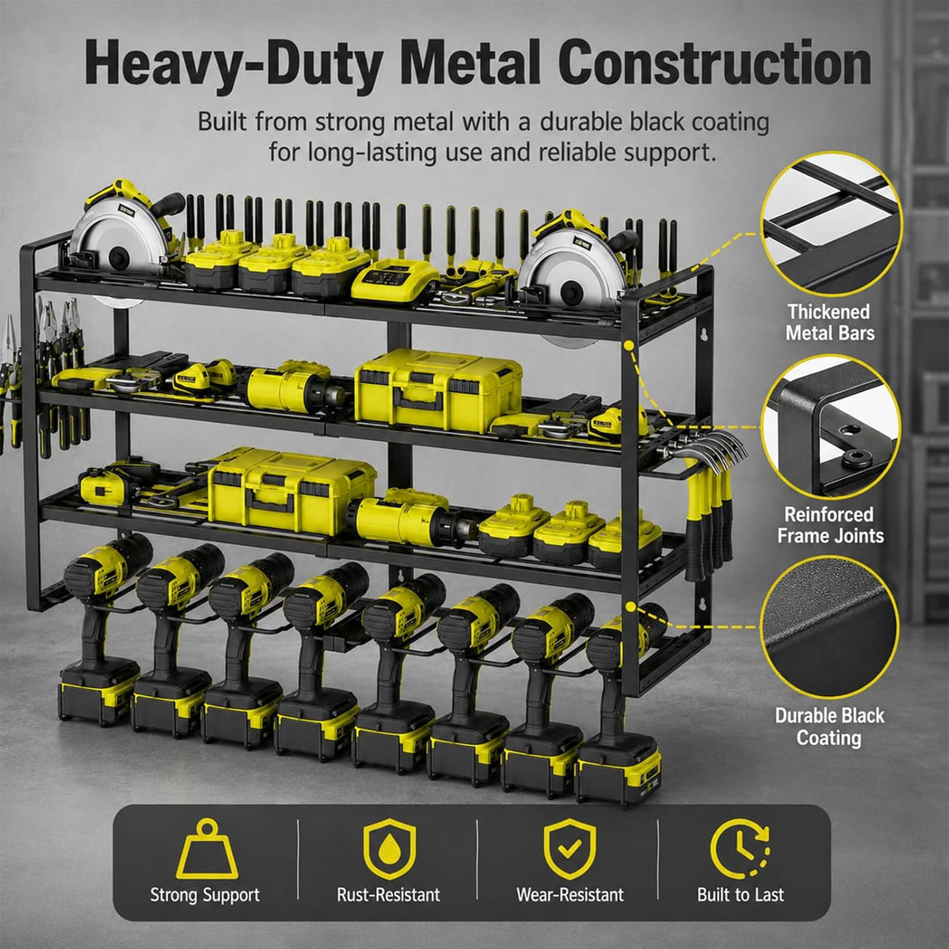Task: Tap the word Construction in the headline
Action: pos(714,62)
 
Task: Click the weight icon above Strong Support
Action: pos(207,849)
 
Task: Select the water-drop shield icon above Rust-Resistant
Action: pos(389,849)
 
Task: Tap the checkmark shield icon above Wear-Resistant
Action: pos(569,849)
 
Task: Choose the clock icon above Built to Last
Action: pos(740,849)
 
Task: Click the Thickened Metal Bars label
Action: pos(829,322)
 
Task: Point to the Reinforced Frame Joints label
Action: pos(829,525)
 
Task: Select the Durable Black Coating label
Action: pos(829,727)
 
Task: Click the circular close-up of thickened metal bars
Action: pos(831,223)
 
